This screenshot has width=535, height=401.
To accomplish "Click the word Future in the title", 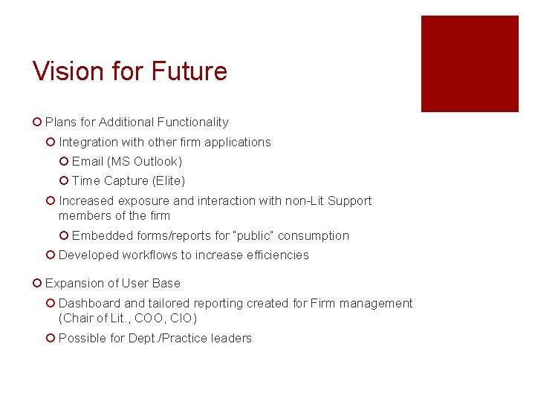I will pyautogui.click(x=189, y=72).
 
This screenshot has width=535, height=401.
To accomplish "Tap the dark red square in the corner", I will pyautogui.click(x=470, y=64).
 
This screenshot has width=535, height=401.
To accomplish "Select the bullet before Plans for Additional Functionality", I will pyautogui.click(x=37, y=122).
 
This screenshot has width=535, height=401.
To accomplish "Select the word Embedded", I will pyautogui.click(x=103, y=235).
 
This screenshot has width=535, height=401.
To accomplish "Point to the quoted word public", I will pyautogui.click(x=255, y=235).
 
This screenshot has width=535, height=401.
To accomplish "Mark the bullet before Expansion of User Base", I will pyautogui.click(x=37, y=283).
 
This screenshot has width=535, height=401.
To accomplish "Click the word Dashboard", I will pyautogui.click(x=89, y=303).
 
